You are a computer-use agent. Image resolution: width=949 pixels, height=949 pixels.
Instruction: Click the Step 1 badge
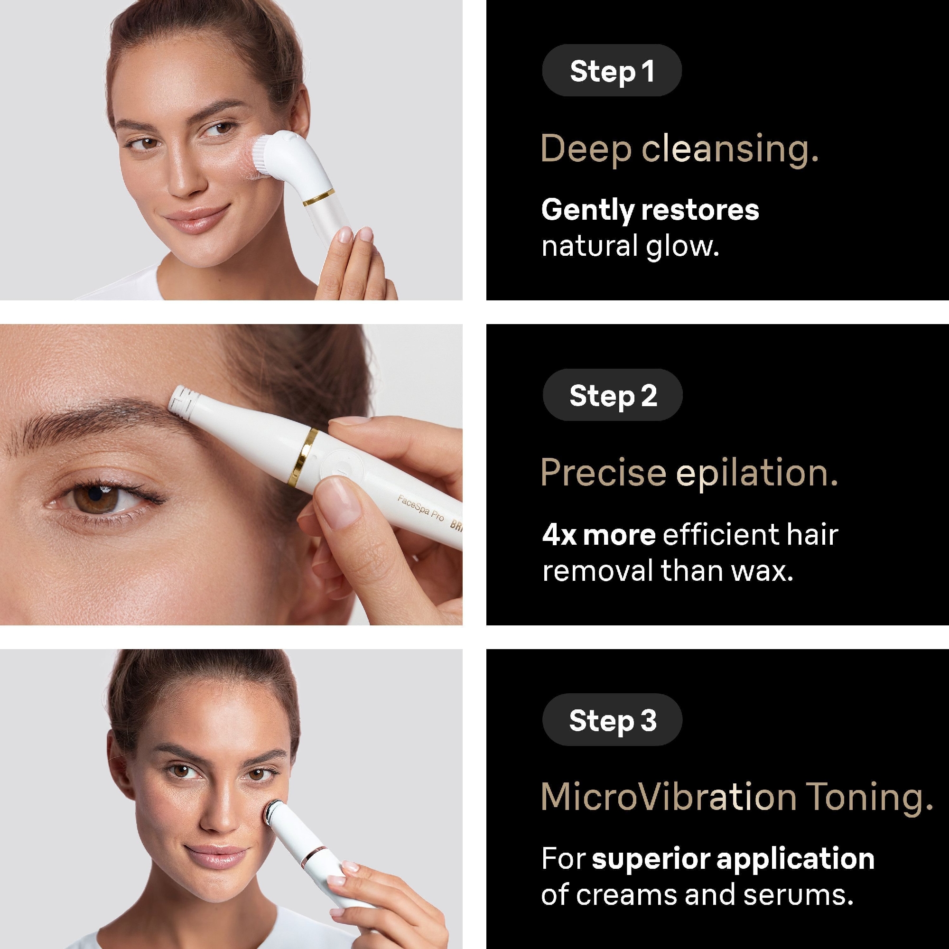coord(612,70)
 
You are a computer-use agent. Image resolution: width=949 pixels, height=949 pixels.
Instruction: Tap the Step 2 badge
coord(612,394)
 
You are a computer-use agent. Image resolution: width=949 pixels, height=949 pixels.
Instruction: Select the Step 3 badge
coord(612,720)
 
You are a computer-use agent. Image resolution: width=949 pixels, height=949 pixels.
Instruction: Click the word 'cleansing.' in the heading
coord(730,149)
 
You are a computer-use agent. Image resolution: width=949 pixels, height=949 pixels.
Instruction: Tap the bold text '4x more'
coord(598,534)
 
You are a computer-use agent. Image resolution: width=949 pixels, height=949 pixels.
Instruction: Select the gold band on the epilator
coord(304,455)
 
